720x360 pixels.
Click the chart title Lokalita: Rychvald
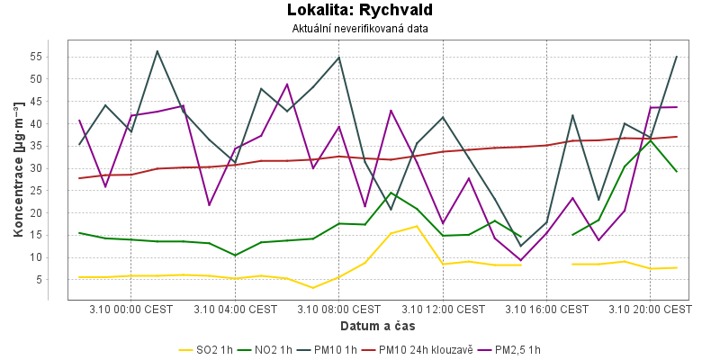click(360, 11)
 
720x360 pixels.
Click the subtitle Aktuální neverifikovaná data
click(360, 28)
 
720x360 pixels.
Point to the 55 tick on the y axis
click(50, 56)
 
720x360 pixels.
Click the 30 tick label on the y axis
click(50, 167)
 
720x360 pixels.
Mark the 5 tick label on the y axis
click(54, 280)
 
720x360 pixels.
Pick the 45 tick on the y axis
click(50, 101)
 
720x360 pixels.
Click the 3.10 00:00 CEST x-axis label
click(131, 309)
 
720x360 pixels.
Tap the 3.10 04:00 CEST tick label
click(235, 309)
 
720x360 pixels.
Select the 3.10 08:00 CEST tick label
click(338, 309)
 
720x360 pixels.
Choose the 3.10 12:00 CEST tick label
click(443, 309)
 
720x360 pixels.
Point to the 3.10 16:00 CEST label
click(546, 309)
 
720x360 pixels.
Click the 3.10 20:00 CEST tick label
click(650, 309)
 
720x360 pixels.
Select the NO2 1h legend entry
click(287, 349)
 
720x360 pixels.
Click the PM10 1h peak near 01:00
click(157, 51)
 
